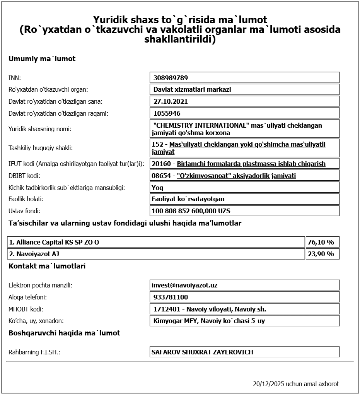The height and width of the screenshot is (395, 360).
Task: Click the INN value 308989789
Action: tap(171, 78)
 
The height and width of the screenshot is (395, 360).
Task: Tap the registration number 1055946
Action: tap(167, 113)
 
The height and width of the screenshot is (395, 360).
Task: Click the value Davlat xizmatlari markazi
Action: tap(192, 89)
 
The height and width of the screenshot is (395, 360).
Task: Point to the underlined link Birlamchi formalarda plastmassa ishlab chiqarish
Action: tap(251, 164)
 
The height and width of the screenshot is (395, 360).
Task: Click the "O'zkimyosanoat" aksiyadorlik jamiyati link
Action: tap(236, 176)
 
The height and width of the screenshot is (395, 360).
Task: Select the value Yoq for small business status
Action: tap(157, 188)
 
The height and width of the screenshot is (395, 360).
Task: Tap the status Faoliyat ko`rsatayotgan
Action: tap(188, 199)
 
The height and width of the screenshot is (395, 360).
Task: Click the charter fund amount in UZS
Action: tap(191, 211)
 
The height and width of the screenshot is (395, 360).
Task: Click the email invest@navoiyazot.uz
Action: tap(184, 285)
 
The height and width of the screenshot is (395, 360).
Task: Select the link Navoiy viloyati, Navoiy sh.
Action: tap(226, 309)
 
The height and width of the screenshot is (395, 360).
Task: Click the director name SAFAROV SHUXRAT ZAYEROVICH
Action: tap(202, 352)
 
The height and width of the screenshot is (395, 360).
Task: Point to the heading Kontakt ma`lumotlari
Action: tap(47, 266)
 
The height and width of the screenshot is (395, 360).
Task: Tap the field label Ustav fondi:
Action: tap(24, 211)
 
